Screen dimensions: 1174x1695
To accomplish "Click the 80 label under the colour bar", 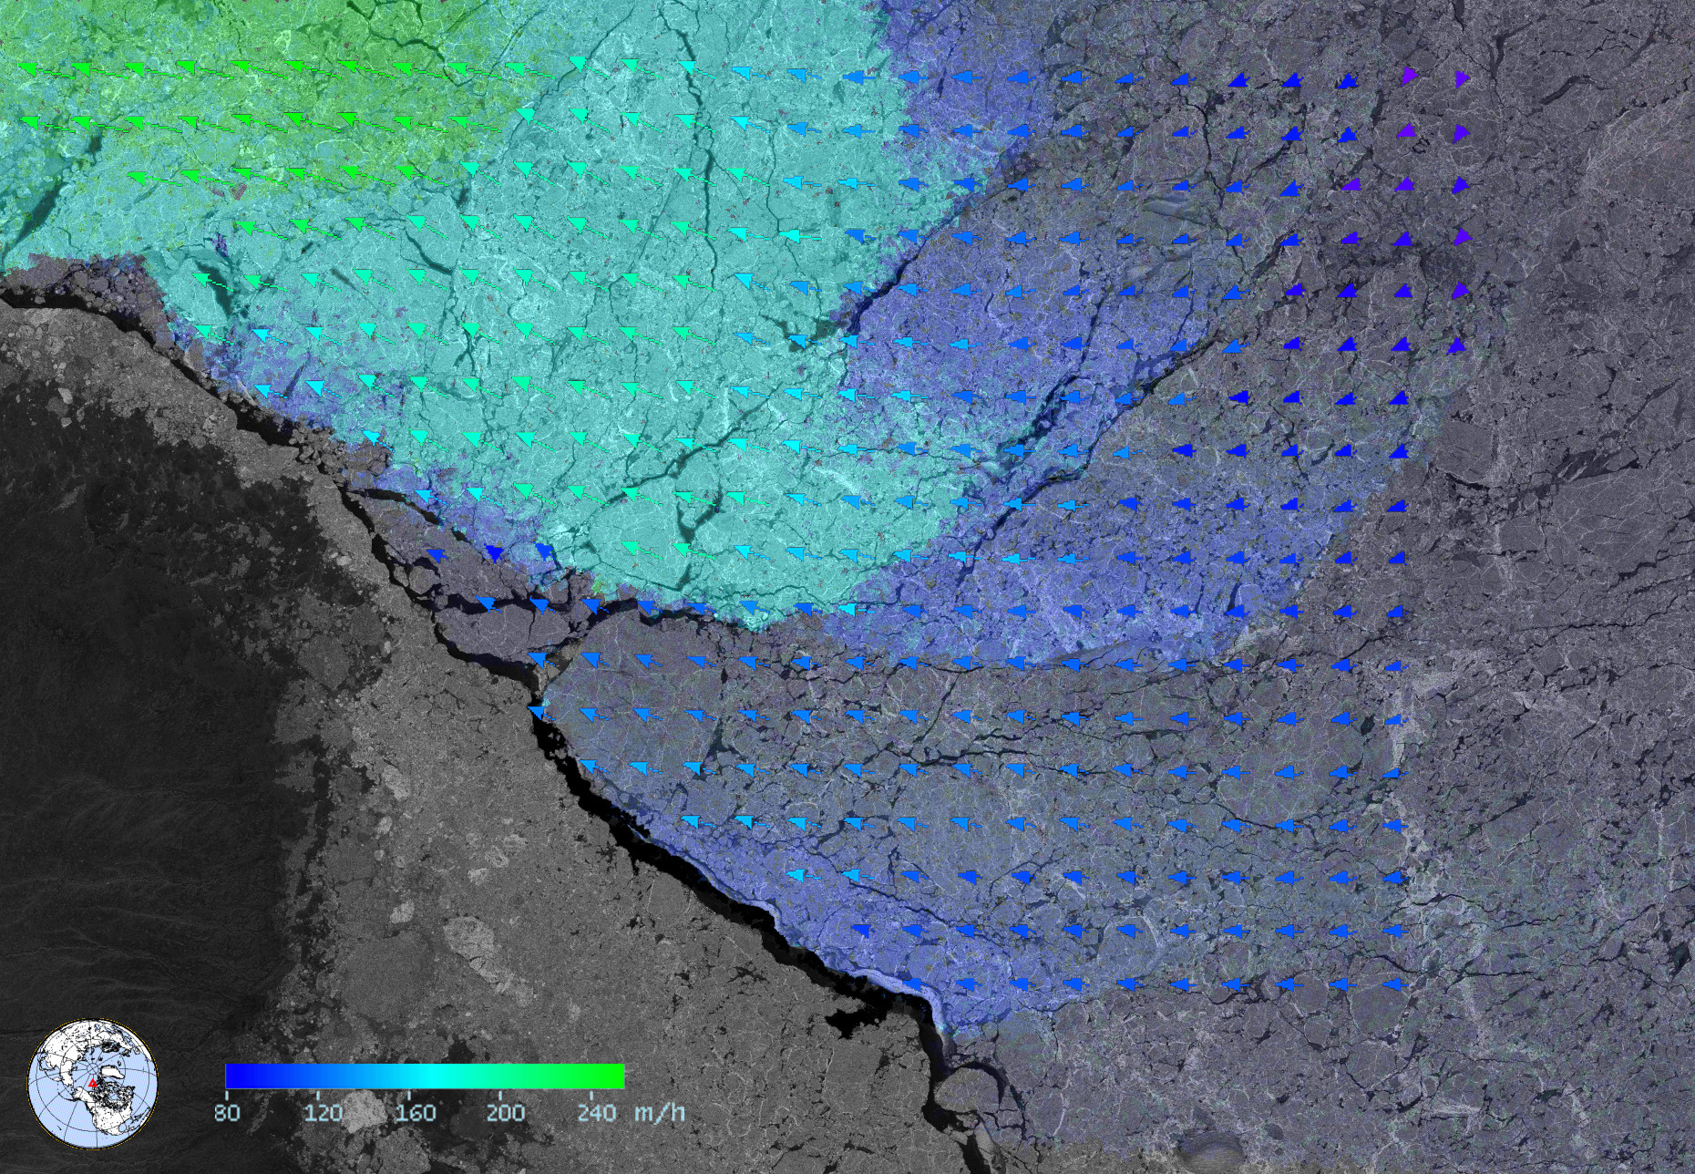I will pyautogui.click(x=227, y=1112).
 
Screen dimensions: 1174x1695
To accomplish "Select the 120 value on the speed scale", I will pyautogui.click(x=323, y=1112).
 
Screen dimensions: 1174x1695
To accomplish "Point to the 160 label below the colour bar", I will pyautogui.click(x=416, y=1112).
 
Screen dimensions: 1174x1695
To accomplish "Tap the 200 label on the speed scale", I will pyautogui.click(x=505, y=1112).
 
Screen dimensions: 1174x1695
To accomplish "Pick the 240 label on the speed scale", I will pyautogui.click(x=597, y=1112).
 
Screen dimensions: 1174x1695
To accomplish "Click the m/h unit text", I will pyautogui.click(x=659, y=1112).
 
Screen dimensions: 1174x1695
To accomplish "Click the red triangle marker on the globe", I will pyautogui.click(x=92, y=1083).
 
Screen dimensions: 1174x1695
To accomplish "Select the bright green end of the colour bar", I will pyautogui.click(x=615, y=1076).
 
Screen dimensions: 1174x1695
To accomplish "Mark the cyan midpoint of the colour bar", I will pyautogui.click(x=425, y=1076).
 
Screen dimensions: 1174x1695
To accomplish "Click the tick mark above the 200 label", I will pyautogui.click(x=500, y=1093).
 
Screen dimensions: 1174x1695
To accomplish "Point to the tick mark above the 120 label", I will pyautogui.click(x=318, y=1093).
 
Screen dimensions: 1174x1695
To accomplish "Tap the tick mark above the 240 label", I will pyautogui.click(x=591, y=1093).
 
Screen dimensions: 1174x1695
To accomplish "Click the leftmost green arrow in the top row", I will pyautogui.click(x=27, y=67).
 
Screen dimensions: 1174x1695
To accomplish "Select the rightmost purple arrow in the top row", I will pyautogui.click(x=1462, y=78).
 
